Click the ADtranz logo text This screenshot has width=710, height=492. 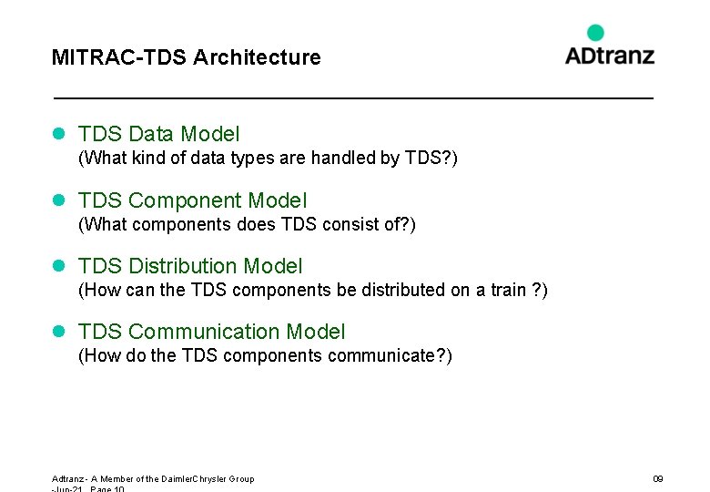609,55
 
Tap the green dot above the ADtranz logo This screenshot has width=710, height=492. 595,33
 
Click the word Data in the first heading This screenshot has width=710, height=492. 151,135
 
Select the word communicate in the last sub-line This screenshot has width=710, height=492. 380,355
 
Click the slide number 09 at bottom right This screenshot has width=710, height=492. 658,479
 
